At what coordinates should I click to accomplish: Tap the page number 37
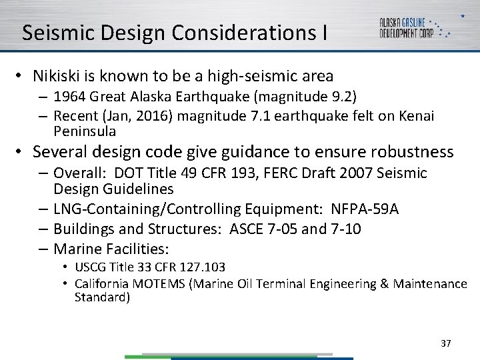(446, 343)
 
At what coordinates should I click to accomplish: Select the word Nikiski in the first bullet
(55, 77)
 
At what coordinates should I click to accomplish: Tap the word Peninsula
(85, 131)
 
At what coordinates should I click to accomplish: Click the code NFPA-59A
(364, 209)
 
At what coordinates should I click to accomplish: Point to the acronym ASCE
(246, 229)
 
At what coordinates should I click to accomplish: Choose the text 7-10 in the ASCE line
(346, 229)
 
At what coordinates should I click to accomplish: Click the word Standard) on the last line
(102, 297)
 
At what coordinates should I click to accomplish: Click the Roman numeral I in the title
(323, 33)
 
